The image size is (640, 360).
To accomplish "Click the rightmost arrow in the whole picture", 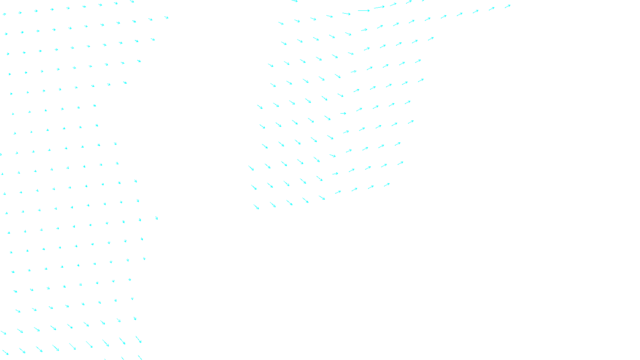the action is (508, 6).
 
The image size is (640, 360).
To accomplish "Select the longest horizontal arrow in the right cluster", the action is (364, 11).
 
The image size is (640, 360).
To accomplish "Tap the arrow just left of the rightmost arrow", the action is (492, 8).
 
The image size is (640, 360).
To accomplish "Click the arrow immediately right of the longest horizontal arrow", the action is (379, 7).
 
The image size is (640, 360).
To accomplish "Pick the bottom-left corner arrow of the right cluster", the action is (256, 207).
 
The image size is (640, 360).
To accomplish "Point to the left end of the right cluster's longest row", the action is (281, 23).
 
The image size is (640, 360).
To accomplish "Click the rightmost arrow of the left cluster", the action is (166, 18).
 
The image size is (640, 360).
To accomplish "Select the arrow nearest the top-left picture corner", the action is (4, 14).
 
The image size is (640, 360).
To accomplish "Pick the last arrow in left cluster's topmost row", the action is (132, 2).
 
